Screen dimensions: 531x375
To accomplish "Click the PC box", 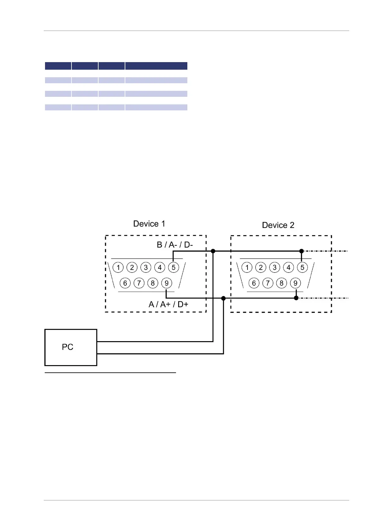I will point(71,347).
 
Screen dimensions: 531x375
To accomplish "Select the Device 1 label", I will point(149,224).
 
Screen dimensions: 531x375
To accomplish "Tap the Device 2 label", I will point(278,225).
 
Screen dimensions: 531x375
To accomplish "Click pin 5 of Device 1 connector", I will point(173,267).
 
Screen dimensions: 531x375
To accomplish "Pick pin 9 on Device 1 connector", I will point(167,283).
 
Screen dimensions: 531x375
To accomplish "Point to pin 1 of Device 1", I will point(118,267).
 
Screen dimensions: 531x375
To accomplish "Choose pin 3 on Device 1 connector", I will point(146,267).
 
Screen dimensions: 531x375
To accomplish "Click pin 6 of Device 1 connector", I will point(125,283).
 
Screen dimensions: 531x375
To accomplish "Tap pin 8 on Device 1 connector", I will point(153,283).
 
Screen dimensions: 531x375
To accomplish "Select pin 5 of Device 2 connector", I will point(302,267).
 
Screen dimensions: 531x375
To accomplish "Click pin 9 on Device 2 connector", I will point(295,283).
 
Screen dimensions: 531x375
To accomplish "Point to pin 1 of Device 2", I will point(247,267).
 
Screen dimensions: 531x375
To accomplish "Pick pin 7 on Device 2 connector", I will point(268,283).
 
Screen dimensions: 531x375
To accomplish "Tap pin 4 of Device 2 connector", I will point(288,267).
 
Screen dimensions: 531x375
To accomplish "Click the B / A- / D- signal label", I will point(175,245).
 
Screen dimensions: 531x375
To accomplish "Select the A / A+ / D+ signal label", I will point(168,304).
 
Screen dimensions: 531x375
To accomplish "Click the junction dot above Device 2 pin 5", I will point(302,251).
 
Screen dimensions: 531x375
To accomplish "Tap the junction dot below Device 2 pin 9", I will point(296,298).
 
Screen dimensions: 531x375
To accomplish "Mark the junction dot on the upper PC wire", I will point(213,251).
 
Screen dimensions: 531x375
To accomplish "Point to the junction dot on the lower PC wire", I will point(224,298).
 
